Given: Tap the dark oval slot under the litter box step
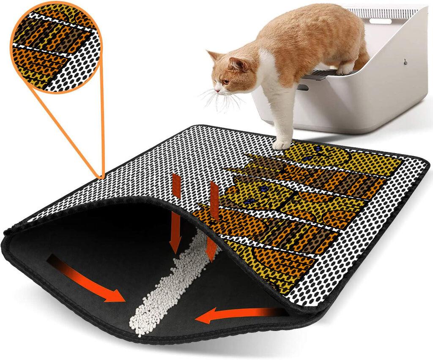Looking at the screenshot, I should pos(303,88).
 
